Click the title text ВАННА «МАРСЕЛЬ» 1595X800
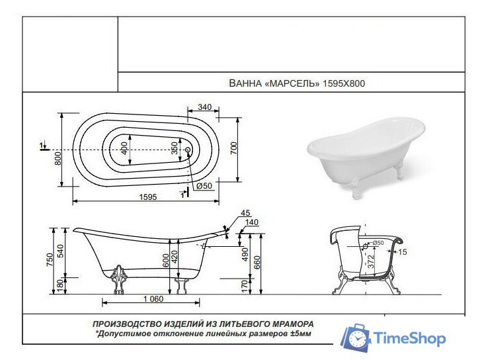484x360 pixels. point(296,84)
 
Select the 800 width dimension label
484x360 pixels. point(58,158)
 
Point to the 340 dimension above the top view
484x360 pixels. point(204,107)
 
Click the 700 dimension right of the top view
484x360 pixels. point(233,148)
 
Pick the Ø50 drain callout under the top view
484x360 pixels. point(204,186)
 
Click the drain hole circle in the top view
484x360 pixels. point(188,151)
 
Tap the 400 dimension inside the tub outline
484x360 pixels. point(124,148)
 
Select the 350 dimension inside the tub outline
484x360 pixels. point(175,148)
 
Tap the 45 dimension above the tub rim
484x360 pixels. point(245,213)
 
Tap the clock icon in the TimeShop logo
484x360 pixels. point(358,339)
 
